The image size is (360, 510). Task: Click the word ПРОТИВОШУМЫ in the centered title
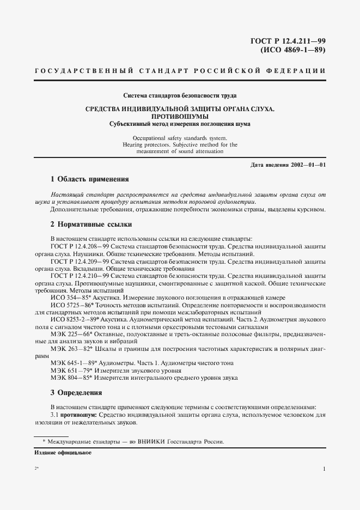click(180, 117)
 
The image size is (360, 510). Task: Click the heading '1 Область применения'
click(89, 179)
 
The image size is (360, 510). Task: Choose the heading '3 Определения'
click(76, 392)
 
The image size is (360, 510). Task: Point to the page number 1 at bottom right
click(324, 469)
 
